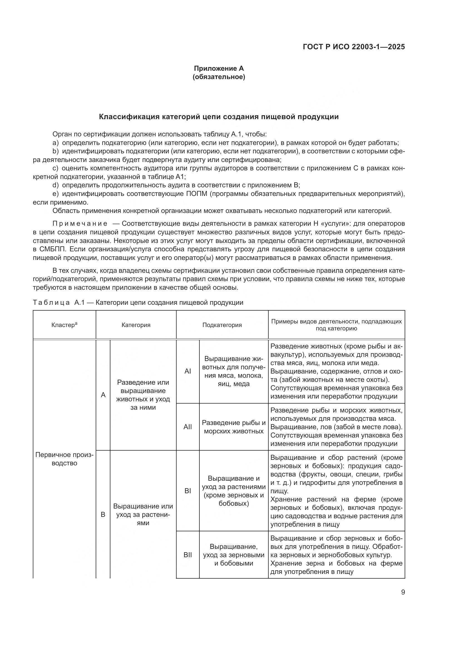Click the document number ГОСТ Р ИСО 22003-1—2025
354,47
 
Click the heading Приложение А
219,68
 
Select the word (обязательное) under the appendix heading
219,77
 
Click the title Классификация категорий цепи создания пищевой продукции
219,117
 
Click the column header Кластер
64,325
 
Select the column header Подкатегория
222,325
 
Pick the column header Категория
136,325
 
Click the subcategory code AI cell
187,371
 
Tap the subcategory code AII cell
187,427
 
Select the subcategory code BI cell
187,491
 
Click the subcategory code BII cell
187,555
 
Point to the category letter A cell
103,395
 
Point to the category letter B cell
103,515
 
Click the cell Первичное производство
64,459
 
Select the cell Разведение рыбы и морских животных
234,427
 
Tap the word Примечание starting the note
80,224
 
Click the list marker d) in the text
56,185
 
